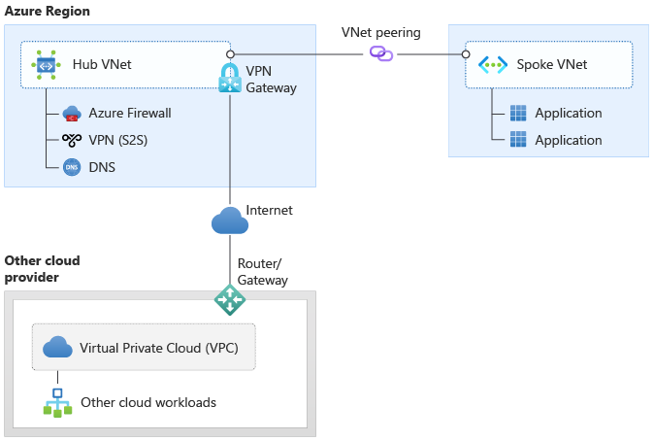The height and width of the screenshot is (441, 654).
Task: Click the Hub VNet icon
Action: pos(46,65)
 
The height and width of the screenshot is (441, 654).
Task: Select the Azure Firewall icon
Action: pos(72,113)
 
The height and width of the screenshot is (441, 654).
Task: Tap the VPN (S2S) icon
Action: pos(72,140)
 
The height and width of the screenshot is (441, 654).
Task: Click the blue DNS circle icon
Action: pos(72,167)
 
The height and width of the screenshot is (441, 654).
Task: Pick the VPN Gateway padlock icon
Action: pos(230,78)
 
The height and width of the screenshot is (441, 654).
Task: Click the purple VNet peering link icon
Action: pos(380,53)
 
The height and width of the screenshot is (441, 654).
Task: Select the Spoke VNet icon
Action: pos(492,65)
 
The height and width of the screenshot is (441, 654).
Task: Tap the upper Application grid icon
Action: pos(518,113)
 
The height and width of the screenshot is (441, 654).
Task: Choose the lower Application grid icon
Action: pos(518,140)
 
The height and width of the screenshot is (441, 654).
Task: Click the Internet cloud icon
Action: pos(230,220)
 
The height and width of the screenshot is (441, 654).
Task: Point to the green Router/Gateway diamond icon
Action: pos(230,300)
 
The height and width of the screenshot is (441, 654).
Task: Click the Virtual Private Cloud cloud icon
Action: pos(58,347)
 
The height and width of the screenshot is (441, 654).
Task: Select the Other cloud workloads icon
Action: pos(57,402)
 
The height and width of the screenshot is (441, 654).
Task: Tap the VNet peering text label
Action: pos(380,32)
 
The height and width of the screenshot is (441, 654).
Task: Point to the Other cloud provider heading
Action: pos(42,269)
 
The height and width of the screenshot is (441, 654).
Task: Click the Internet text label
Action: pos(269,210)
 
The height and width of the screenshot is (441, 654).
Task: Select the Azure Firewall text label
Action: pos(129,113)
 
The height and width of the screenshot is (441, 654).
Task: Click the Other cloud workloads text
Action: pos(148,402)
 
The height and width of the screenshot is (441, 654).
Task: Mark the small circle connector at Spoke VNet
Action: pos(466,54)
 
